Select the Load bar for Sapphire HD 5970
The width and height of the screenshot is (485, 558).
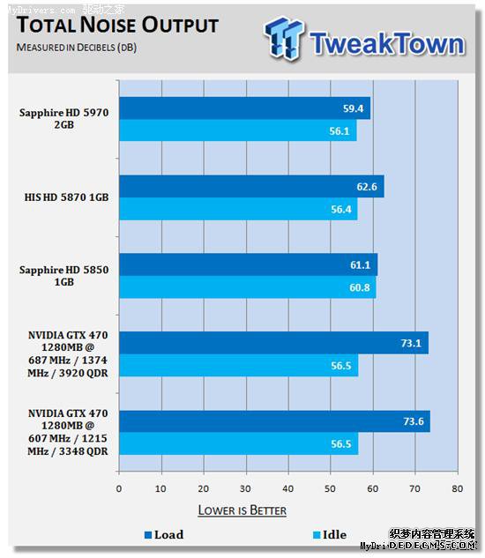(243, 108)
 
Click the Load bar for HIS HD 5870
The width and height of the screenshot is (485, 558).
(250, 187)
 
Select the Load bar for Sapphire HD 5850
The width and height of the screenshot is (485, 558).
(248, 264)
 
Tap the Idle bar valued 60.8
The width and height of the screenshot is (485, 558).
(247, 287)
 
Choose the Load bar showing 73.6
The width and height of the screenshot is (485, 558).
(273, 421)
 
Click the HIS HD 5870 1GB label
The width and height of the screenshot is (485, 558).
(66, 198)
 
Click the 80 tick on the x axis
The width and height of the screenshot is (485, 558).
(457, 487)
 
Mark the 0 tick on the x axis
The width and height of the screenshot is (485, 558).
(119, 487)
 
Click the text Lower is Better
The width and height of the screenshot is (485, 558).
(242, 510)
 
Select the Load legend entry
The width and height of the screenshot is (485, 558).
(163, 534)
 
